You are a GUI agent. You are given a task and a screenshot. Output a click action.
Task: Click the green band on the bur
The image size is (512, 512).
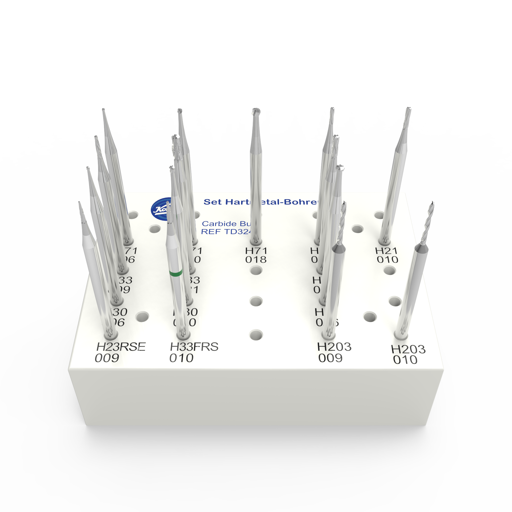(176, 273)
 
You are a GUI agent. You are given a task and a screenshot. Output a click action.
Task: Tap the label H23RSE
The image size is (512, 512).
(121, 347)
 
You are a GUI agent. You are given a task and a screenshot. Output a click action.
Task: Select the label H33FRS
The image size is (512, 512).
(194, 347)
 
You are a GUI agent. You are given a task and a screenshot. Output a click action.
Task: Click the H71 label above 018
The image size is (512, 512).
(256, 251)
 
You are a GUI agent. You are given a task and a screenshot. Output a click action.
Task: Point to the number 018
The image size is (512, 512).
(256, 260)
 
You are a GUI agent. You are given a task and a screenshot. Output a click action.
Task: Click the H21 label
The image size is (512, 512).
(386, 251)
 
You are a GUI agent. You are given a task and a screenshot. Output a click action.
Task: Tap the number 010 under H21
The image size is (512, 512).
(387, 260)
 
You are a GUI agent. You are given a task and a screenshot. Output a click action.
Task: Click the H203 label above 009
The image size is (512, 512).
(334, 347)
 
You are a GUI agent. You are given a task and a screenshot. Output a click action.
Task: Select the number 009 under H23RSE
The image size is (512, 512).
(107, 358)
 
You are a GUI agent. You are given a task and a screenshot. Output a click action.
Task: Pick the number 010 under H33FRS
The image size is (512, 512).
(181, 358)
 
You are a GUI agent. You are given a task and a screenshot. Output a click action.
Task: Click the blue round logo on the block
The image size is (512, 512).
(159, 209)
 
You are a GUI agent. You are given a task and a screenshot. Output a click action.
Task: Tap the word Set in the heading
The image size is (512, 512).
(213, 202)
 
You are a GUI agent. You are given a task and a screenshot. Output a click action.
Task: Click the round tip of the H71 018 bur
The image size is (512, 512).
(256, 111)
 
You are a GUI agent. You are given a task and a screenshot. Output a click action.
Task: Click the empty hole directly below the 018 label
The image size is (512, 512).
(256, 270)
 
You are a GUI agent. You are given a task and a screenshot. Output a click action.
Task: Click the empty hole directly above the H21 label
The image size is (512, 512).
(379, 215)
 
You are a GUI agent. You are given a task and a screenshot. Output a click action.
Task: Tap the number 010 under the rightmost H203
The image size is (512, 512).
(405, 360)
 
